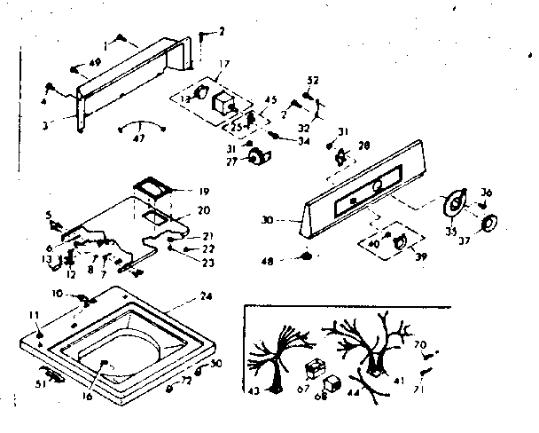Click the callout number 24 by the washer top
tap(207, 296)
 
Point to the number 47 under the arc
tap(137, 138)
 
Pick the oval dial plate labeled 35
tap(455, 205)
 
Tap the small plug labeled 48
tap(307, 257)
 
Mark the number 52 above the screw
tap(313, 80)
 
